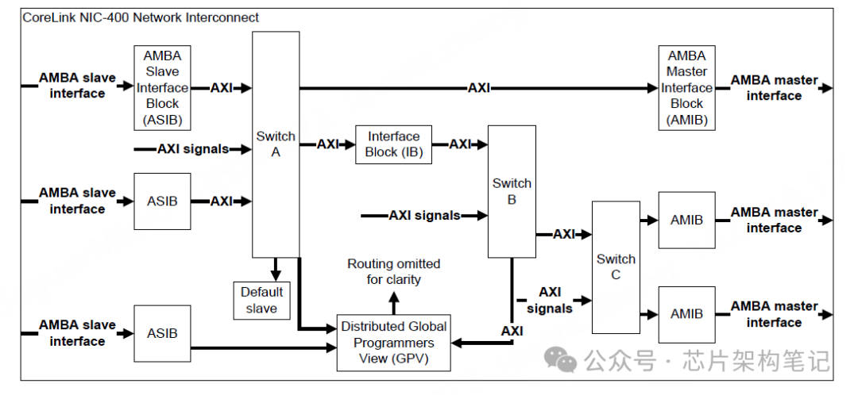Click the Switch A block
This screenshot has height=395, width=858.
point(276,144)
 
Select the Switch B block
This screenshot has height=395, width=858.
point(512,191)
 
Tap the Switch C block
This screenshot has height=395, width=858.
point(616,267)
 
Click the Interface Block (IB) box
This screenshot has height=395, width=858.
point(393,144)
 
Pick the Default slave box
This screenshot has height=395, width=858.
point(261,300)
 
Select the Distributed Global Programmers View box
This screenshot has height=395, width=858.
point(394,343)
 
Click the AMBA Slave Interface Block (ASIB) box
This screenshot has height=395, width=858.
point(162,87)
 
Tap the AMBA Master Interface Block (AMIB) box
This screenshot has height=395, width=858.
point(686,87)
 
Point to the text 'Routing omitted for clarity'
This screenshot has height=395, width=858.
point(394,271)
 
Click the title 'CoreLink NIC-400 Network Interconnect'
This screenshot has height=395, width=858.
point(141,17)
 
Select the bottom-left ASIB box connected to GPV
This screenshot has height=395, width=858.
point(162,333)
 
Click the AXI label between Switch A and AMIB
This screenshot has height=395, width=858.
point(479,88)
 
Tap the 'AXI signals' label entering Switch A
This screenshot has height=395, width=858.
point(193,148)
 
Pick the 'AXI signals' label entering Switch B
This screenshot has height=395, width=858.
point(424,215)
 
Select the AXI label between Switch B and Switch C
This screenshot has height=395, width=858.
point(564,234)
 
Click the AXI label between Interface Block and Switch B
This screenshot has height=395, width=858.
point(460,144)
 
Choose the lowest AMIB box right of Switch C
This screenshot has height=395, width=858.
point(686,313)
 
